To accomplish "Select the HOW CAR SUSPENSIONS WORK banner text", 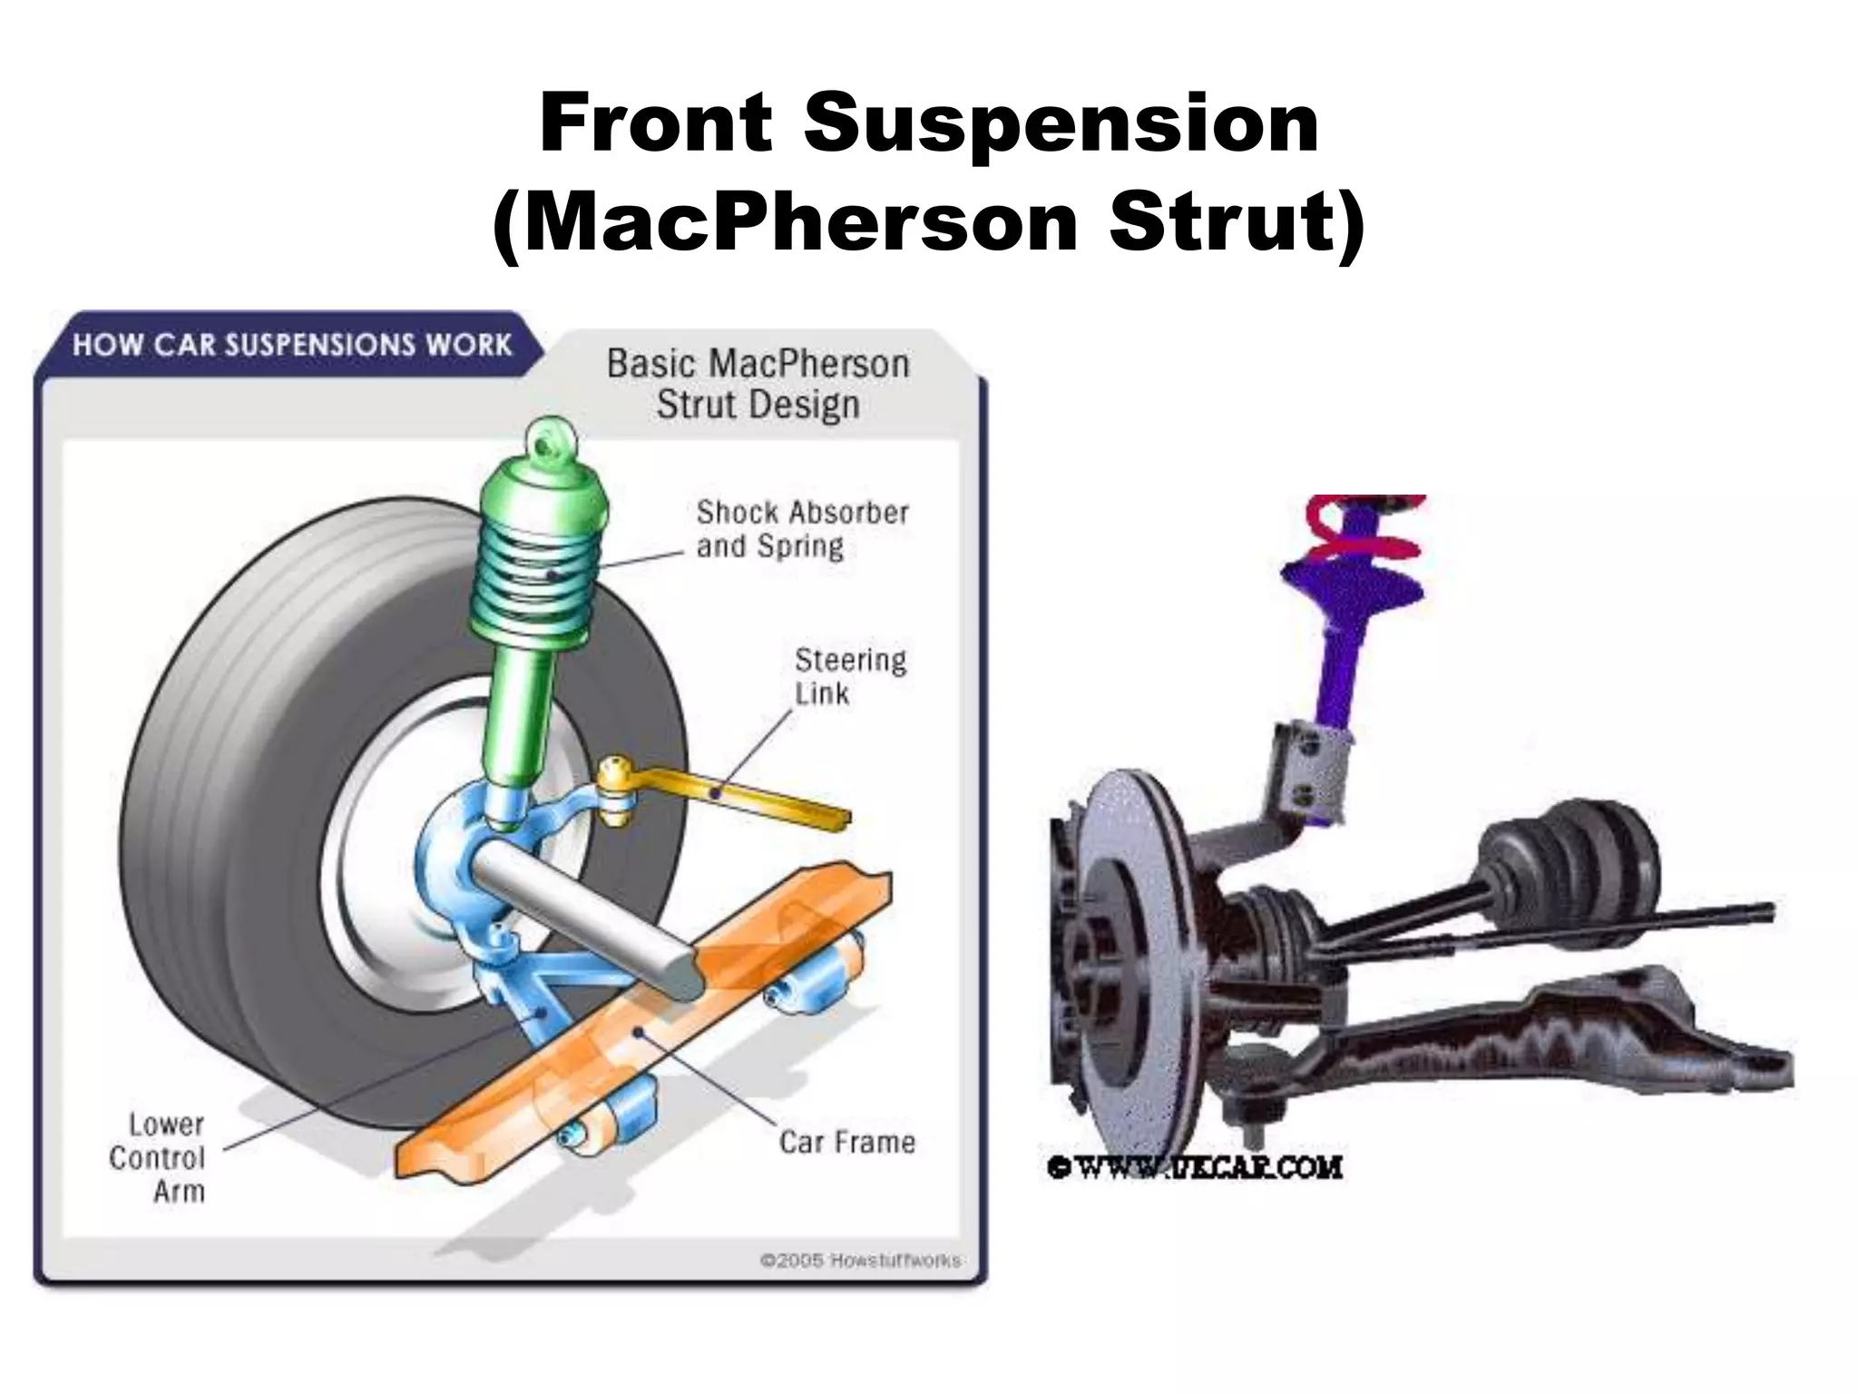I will click(292, 346).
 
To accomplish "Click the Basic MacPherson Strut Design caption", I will click(758, 384).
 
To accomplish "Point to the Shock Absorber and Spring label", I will click(802, 529).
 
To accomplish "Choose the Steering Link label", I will click(849, 676).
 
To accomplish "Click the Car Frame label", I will click(846, 1142).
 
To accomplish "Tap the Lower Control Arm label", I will click(160, 1157).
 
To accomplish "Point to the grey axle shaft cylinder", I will click(581, 917).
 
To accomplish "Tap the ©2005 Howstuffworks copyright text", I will click(860, 1261).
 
